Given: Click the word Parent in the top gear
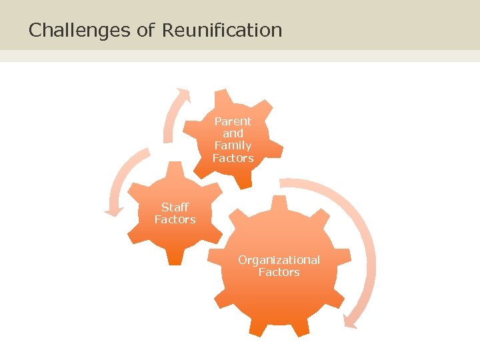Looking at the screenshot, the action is click(x=233, y=121).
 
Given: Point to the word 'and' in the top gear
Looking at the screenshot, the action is click(x=233, y=133).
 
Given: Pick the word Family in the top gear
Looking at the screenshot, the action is click(x=233, y=145).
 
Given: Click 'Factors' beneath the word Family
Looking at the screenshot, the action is click(x=233, y=158).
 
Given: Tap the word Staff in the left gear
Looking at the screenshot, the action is click(x=175, y=207).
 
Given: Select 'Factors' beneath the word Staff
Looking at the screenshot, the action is click(x=175, y=219).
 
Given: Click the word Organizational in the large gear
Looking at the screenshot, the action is click(x=279, y=260).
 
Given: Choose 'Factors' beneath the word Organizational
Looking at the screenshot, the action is click(x=279, y=272).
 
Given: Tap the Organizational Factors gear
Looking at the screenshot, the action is click(x=280, y=293).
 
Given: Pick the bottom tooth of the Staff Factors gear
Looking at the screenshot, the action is click(x=175, y=259).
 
